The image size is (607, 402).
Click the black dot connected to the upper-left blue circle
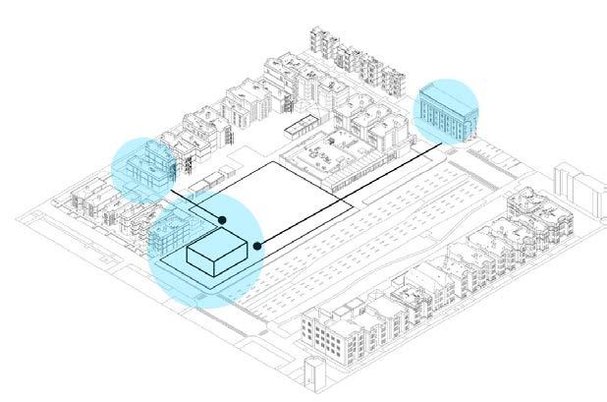[x=222, y=219]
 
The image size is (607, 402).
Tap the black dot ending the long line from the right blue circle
[x=257, y=245]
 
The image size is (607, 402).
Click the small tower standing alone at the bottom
[x=312, y=374]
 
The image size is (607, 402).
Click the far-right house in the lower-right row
[x=530, y=212]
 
